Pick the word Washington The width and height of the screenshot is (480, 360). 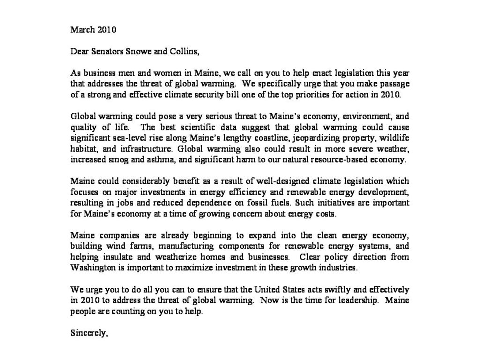point(91,267)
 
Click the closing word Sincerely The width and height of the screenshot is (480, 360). point(89,333)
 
